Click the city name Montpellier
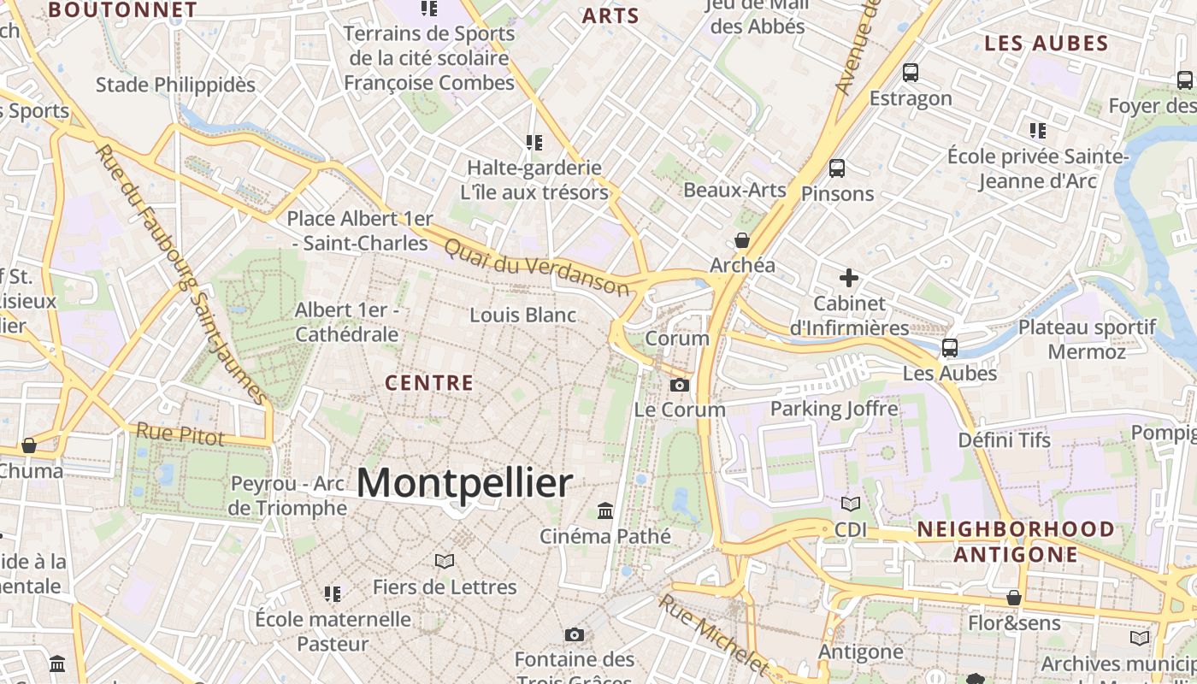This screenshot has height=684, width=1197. tap(464, 483)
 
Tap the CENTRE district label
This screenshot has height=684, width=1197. tap(429, 382)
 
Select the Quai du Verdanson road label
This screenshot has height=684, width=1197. tap(537, 266)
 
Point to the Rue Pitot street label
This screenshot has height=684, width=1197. tap(180, 434)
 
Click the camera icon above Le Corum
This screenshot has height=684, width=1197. tap(680, 385)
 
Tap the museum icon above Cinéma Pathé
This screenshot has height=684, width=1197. tap(605, 510)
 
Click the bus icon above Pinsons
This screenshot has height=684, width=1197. tap(837, 168)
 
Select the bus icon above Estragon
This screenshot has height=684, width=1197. tap(911, 73)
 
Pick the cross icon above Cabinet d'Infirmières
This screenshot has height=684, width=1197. tap(848, 278)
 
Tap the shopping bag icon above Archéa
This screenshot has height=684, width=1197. tap(742, 240)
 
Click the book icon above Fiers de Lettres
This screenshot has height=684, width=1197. tap(444, 561)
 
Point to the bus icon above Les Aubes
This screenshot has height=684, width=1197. tap(950, 348)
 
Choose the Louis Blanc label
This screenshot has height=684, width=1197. tap(522, 315)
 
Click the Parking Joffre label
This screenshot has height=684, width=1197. tap(834, 409)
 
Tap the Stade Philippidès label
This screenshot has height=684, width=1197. tap(175, 85)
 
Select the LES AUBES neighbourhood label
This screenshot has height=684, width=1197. tap(1046, 44)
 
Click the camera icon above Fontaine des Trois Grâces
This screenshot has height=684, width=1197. tap(574, 634)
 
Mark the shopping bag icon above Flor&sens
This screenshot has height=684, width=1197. tap(1014, 598)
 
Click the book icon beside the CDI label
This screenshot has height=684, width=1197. tap(851, 504)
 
